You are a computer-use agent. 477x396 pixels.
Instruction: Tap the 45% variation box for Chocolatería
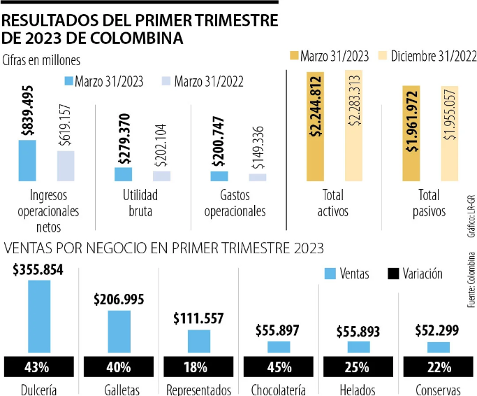pos(279,366)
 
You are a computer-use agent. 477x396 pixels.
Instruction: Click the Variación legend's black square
pos(392,274)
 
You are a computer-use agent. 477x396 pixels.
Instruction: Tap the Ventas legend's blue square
pos(330,274)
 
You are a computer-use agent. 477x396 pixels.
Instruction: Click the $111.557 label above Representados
pos(199,319)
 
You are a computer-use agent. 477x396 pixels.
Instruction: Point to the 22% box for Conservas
pos(439,366)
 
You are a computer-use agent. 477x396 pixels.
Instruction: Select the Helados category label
pos(358,389)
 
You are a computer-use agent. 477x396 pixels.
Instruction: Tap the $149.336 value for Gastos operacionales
pos(258,146)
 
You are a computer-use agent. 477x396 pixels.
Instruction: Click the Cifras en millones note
pos(41,60)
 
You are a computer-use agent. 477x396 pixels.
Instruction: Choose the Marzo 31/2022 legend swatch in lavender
pos(166,81)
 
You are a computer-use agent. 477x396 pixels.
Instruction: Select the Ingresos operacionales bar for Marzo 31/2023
pos(27,161)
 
